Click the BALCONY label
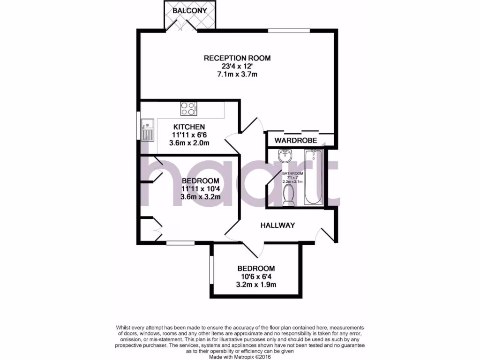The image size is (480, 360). point(189,10)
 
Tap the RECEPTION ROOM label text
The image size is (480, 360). point(237,58)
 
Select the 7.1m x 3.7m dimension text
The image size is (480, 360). point(237,75)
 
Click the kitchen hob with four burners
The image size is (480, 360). point(188,109)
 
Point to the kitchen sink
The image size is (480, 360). point(147,129)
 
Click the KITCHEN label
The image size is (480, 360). point(189,127)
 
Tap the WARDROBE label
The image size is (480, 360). point(296,140)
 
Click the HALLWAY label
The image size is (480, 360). point(277,225)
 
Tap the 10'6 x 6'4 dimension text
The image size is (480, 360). point(256,277)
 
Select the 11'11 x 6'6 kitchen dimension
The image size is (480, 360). point(189,135)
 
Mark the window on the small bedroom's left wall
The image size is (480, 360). point(210,270)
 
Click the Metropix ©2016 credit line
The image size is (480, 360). point(240,357)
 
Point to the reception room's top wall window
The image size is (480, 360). point(289,30)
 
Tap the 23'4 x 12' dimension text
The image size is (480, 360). point(237,67)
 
